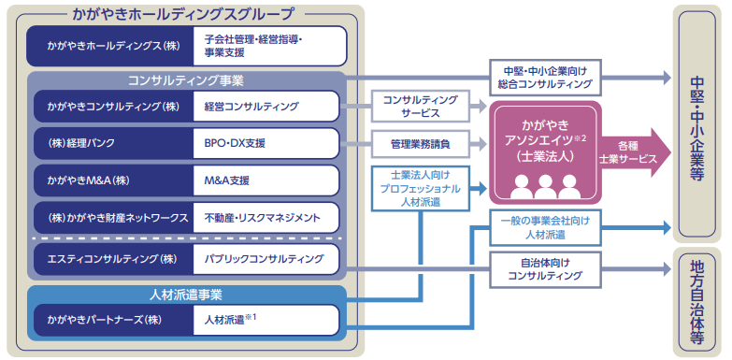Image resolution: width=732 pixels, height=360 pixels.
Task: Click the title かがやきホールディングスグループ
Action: (184, 14)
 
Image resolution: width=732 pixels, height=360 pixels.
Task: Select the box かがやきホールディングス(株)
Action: (110, 46)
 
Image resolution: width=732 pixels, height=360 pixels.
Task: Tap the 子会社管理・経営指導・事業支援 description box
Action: (270, 46)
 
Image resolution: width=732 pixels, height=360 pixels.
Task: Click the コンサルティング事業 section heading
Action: (186, 80)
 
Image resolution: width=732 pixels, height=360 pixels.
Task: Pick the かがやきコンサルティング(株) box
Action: (113, 107)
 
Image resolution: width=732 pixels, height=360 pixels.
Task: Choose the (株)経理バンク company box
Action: (113, 143)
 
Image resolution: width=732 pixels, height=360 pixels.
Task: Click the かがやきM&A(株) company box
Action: (113, 180)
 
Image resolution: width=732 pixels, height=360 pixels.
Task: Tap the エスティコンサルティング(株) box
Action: (113, 259)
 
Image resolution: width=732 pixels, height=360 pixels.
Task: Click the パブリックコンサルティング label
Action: (264, 259)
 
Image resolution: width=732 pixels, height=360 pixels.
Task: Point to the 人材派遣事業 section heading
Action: (186, 295)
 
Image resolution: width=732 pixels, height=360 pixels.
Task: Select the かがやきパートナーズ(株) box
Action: (113, 320)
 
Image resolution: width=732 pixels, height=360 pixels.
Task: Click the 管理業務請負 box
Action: (419, 144)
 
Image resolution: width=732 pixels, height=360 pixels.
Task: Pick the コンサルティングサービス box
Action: (419, 107)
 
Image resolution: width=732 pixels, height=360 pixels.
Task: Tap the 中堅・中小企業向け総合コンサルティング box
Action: (545, 78)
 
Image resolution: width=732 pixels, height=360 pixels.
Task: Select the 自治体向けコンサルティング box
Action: (545, 269)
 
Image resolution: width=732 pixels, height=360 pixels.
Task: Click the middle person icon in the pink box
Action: (545, 187)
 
